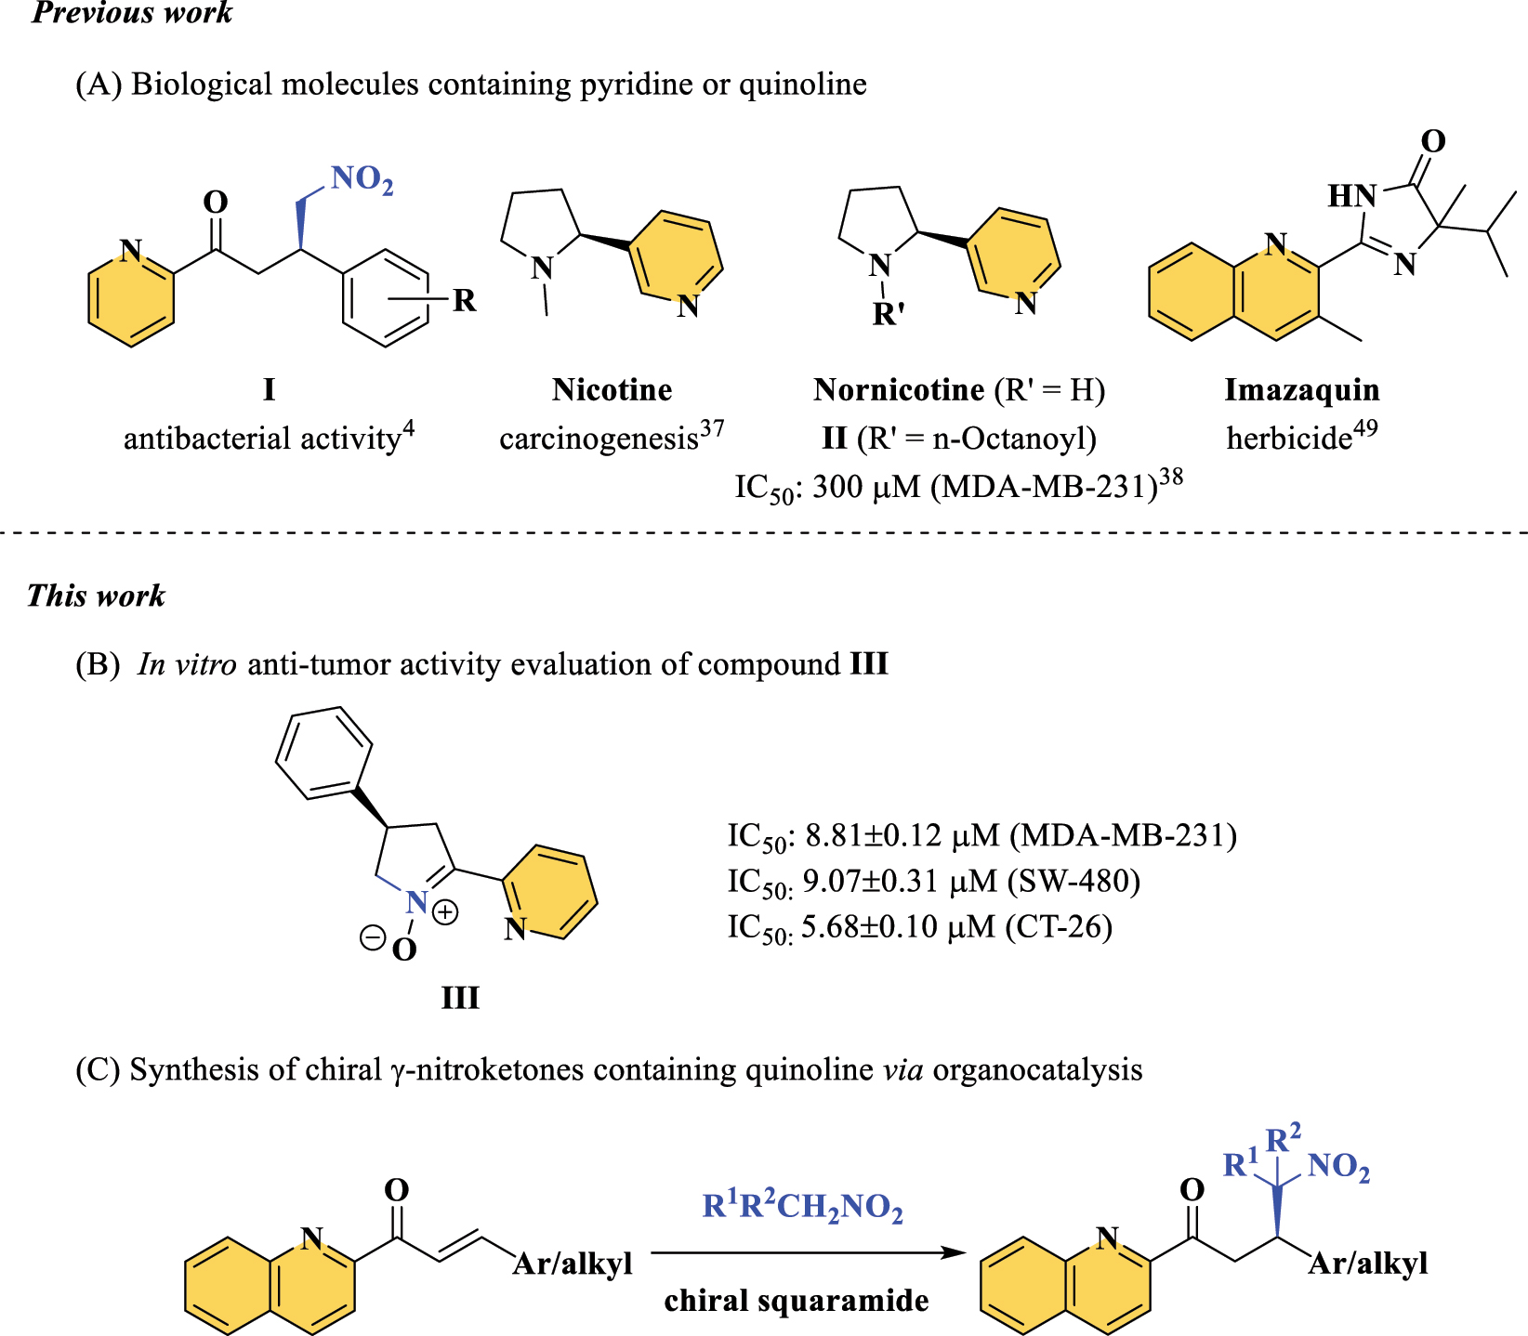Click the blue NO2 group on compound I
pos(361,178)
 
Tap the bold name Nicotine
pos(612,390)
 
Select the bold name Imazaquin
pos(1301,390)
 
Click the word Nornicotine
pos(899,390)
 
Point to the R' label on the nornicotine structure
pos(889,315)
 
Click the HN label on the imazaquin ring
pos(1351,196)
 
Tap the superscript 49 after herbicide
pos(1365,429)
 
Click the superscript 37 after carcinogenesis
pos(712,429)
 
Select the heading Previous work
pos(131,13)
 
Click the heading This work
pos(96,596)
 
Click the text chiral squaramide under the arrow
pos(797,1301)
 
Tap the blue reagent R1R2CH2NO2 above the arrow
pos(802,1206)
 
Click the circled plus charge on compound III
pos(445,912)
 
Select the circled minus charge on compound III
pos(372,938)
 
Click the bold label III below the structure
pos(460,999)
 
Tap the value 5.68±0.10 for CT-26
pos(869,927)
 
